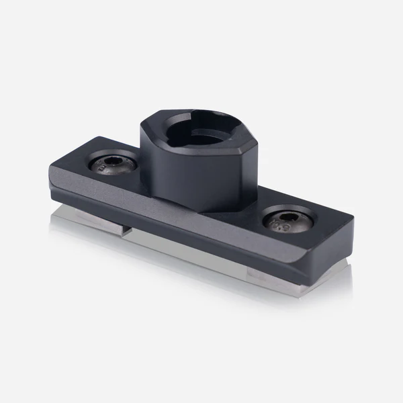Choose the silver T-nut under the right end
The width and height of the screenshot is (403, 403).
click(296, 273)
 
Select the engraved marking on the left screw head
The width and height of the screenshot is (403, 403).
click(101, 169)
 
